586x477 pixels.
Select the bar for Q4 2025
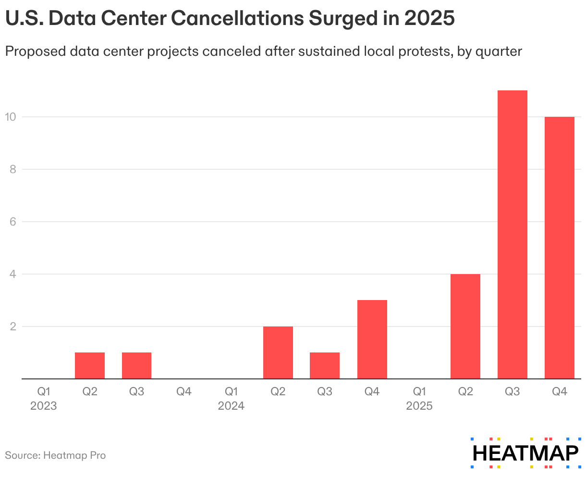pos(559,248)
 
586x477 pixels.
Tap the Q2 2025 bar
pos(465,326)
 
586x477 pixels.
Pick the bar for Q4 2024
pos(372,339)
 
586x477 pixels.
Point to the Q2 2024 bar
pos(278,352)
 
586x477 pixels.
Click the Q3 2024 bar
pos(325,365)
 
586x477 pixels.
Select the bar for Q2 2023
pos(90,365)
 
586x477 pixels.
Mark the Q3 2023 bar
pos(136,365)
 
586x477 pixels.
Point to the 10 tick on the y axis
pos(11,117)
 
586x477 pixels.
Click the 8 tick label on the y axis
pos(13,169)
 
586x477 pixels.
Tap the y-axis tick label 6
pos(13,222)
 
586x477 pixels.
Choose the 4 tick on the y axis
pos(13,274)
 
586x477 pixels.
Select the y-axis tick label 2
pos(13,326)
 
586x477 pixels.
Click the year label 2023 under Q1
pos(43,406)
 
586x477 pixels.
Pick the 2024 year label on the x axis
pos(231,406)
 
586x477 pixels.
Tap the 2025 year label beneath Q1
pos(419,406)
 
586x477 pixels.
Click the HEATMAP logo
pos(525,453)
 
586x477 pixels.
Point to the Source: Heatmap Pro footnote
pos(55,455)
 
